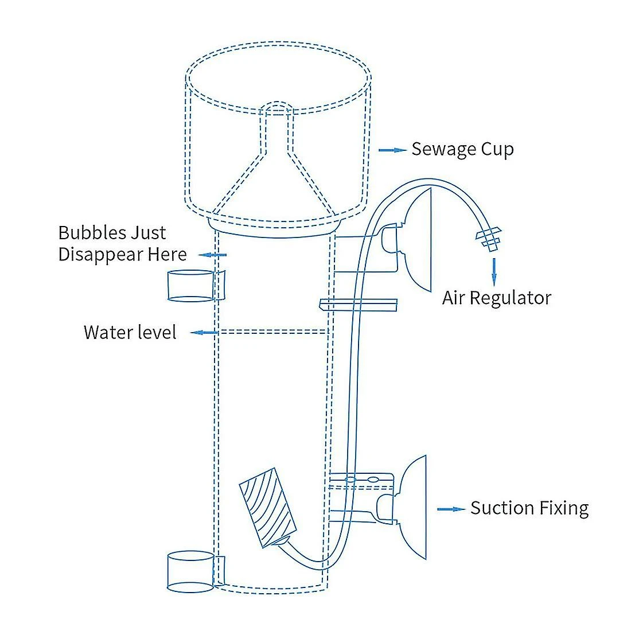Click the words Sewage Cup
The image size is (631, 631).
(x=462, y=150)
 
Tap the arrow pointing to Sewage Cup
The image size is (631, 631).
(x=392, y=150)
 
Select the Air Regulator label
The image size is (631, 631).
(x=496, y=298)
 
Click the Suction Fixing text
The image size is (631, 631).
(x=529, y=508)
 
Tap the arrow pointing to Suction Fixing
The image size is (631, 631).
(x=451, y=509)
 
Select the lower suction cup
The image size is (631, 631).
(x=413, y=508)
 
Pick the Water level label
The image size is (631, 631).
(x=130, y=332)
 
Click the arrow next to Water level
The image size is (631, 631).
(x=204, y=332)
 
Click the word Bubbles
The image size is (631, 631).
(x=92, y=233)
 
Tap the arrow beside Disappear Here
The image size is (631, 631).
(x=212, y=255)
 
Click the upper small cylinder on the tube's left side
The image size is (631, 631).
(x=191, y=286)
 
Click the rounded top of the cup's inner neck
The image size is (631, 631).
(x=277, y=107)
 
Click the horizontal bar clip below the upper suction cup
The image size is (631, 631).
(x=359, y=304)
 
